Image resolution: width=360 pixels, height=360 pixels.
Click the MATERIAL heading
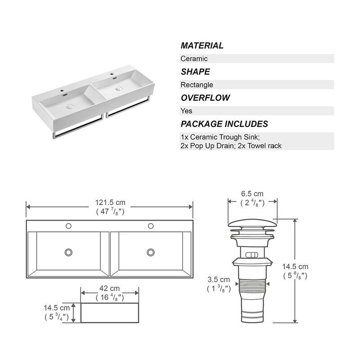click(202, 45)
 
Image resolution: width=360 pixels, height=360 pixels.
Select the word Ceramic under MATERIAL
click(194, 58)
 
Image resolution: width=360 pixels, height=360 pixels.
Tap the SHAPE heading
click(195, 72)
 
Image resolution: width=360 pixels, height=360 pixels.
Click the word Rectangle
click(197, 85)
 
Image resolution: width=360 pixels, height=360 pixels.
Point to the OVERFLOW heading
click(205, 98)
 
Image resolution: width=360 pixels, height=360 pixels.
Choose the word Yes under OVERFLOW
click(186, 111)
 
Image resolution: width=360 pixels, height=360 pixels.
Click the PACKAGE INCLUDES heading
click(224, 124)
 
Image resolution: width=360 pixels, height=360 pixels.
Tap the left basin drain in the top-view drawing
click(68, 252)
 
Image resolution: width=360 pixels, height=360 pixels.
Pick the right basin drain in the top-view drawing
click(150, 252)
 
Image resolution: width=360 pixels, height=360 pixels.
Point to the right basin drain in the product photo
click(119, 89)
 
